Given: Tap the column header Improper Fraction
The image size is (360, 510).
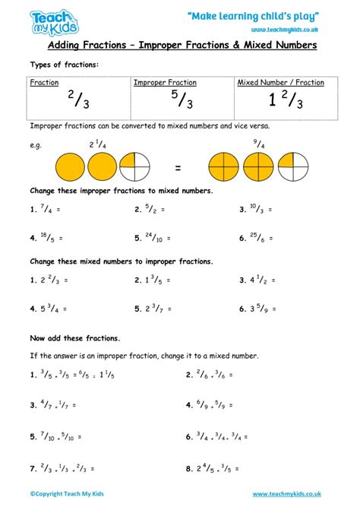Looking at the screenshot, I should click(x=165, y=82).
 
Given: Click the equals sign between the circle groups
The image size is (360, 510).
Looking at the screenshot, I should click(x=177, y=166).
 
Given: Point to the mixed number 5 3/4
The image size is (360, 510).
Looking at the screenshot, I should click(x=49, y=309).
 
